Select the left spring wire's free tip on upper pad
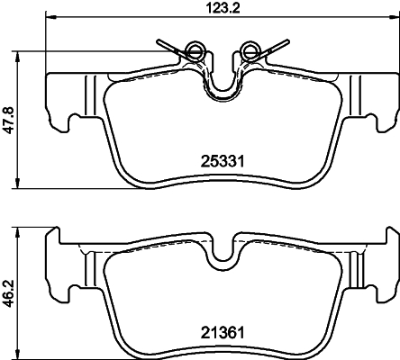click(158, 39)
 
